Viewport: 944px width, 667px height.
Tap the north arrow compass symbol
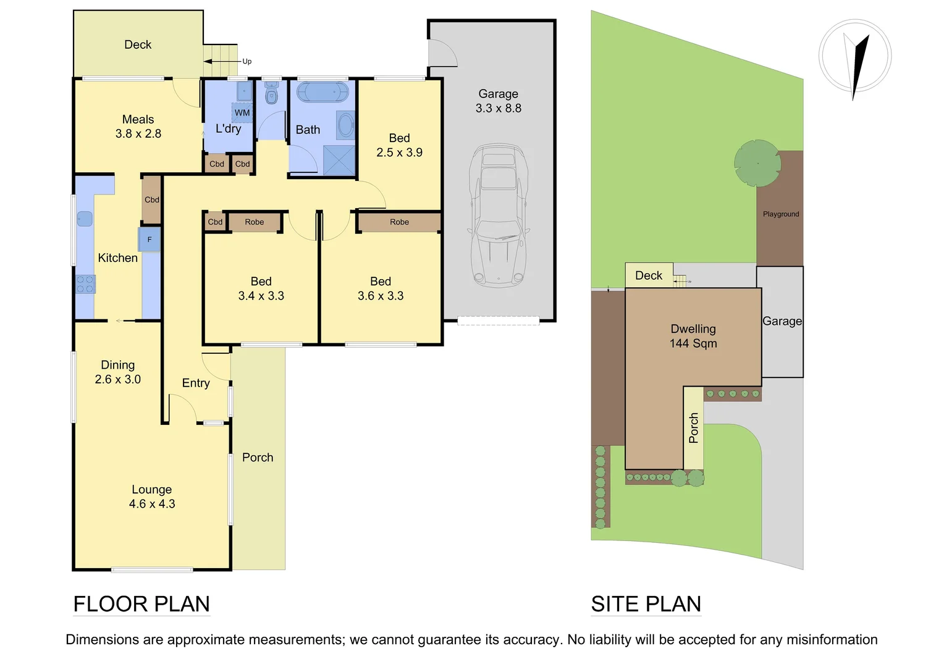click(x=855, y=57)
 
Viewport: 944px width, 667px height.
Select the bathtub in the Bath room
click(x=322, y=92)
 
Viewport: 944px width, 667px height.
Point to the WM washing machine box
click(x=242, y=112)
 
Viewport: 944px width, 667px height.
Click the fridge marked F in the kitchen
click(x=150, y=240)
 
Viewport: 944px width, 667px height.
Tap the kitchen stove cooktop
click(x=85, y=284)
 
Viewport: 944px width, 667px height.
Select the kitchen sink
click(x=85, y=219)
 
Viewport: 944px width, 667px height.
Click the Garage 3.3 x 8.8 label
click(x=499, y=101)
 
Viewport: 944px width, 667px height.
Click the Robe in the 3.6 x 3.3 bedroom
click(x=399, y=222)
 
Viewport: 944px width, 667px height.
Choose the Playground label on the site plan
click(x=781, y=214)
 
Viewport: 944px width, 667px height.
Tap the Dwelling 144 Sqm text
click(x=693, y=336)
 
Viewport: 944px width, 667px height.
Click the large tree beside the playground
click(x=757, y=163)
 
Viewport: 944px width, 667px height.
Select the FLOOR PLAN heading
click(x=141, y=603)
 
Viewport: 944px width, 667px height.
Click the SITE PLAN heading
click(x=646, y=603)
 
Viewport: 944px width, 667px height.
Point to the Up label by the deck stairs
click(x=247, y=61)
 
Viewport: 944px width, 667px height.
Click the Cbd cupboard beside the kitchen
click(x=152, y=199)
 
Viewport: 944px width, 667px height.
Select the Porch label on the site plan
click(x=693, y=428)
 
